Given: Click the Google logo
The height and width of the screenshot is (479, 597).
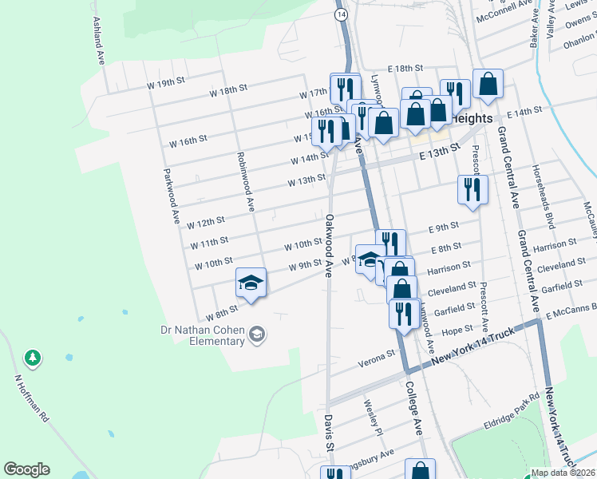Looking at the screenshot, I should [26, 469].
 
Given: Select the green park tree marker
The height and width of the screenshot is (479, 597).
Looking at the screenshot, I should [33, 358].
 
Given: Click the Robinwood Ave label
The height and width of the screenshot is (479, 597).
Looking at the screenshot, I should [244, 182].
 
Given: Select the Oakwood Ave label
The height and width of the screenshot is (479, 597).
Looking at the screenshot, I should [328, 245].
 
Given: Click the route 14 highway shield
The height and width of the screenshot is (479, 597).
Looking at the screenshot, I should [341, 15].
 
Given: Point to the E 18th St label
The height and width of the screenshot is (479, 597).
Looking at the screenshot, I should [405, 70].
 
